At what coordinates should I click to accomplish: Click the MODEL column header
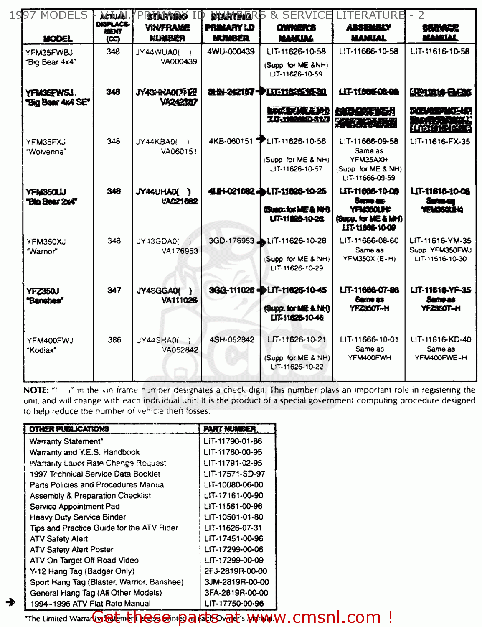click(x=58, y=38)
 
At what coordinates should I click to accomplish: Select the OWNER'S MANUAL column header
click(x=296, y=33)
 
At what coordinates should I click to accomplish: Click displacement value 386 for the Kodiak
click(x=114, y=340)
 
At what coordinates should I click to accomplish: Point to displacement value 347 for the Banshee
click(x=114, y=290)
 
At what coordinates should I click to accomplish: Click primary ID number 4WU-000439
click(x=231, y=51)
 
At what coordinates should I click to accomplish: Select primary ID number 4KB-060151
click(x=231, y=141)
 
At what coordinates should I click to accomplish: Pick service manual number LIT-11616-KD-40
click(x=440, y=339)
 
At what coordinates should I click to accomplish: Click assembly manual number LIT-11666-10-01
click(x=369, y=339)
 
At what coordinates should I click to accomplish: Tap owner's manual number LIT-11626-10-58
click(x=296, y=51)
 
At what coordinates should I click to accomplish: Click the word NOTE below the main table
click(x=36, y=390)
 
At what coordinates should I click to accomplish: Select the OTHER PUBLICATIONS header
click(x=69, y=429)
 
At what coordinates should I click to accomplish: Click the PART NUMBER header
click(x=229, y=429)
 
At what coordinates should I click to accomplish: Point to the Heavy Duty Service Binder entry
click(x=78, y=517)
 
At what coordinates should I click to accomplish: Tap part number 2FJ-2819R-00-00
click(x=236, y=571)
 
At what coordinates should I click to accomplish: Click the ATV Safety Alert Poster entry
click(x=71, y=549)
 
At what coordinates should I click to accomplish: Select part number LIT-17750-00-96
click(x=234, y=603)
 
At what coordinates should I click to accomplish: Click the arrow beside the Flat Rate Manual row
click(x=11, y=602)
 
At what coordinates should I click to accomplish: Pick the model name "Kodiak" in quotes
click(x=41, y=350)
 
